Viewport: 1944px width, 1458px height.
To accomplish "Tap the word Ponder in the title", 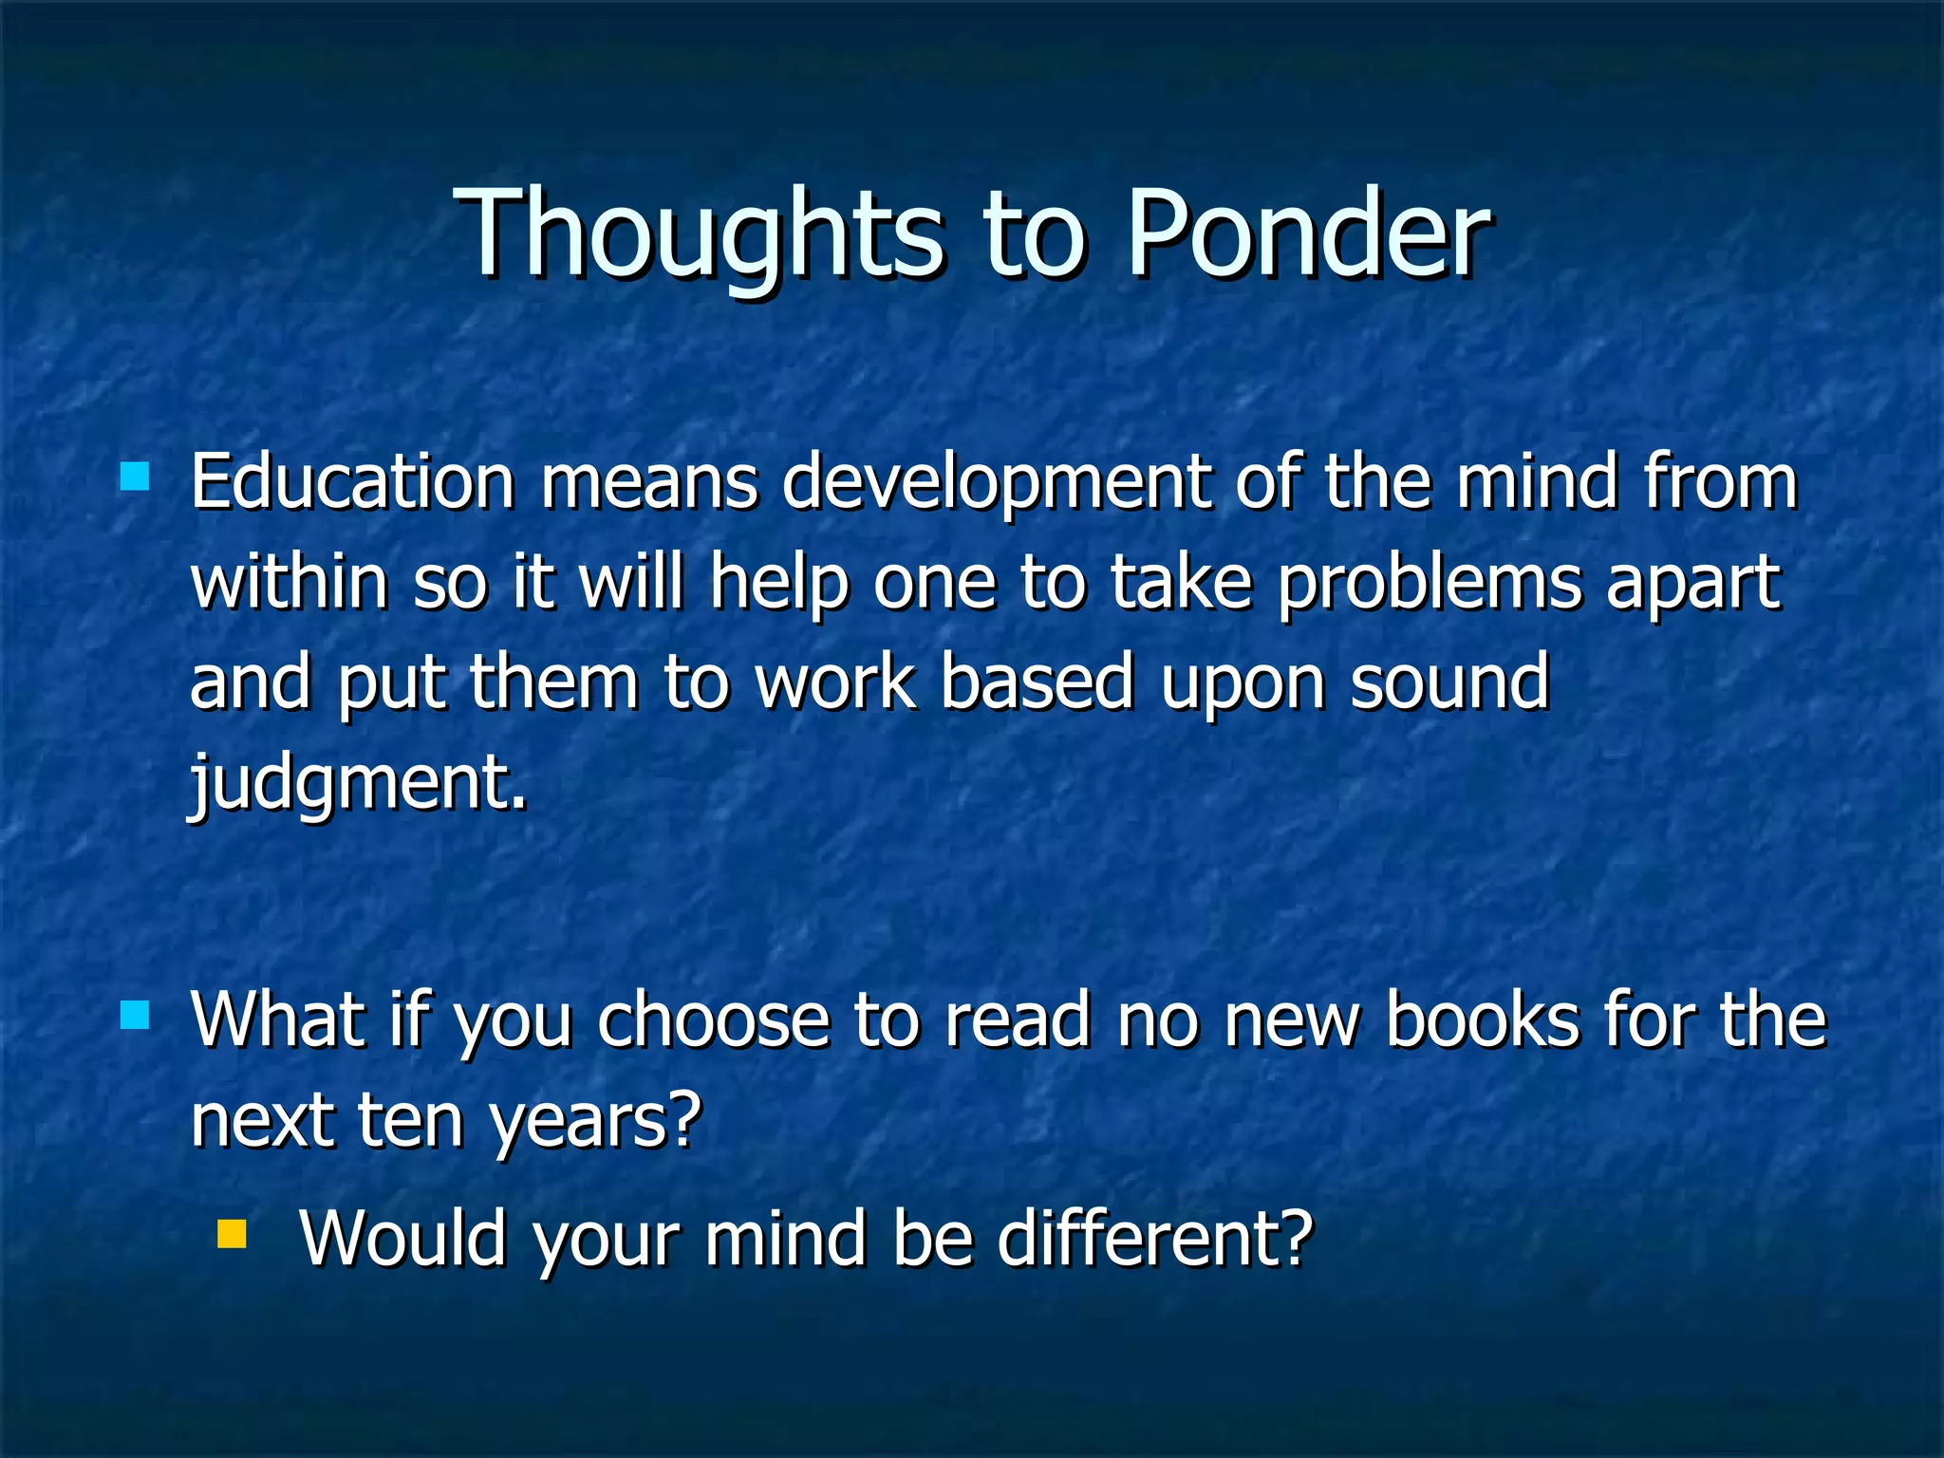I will click(x=1308, y=234).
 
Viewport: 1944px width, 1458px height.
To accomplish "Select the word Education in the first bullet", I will click(x=352, y=481).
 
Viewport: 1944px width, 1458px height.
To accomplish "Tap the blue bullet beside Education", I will click(x=136, y=476).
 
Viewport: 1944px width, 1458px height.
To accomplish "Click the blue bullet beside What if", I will click(x=136, y=1015).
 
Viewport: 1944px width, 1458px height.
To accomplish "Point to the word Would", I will click(x=402, y=1239).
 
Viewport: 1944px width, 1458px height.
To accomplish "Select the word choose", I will click(x=714, y=1020).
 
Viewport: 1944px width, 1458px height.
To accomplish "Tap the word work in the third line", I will click(x=835, y=682).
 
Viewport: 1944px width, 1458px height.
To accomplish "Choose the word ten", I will click(x=410, y=1120).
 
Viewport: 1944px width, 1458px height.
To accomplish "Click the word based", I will click(x=1037, y=682).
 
